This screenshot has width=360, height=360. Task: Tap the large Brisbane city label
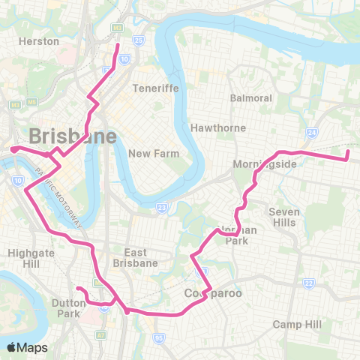point(73,136)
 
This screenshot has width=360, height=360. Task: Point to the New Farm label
point(151,154)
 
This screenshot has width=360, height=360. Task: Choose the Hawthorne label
point(218,127)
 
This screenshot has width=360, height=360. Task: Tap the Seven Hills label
point(284,217)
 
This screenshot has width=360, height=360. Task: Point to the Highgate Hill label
point(28,259)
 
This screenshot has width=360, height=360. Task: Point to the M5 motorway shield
point(116,27)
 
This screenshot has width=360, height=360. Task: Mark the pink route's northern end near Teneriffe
point(118,45)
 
